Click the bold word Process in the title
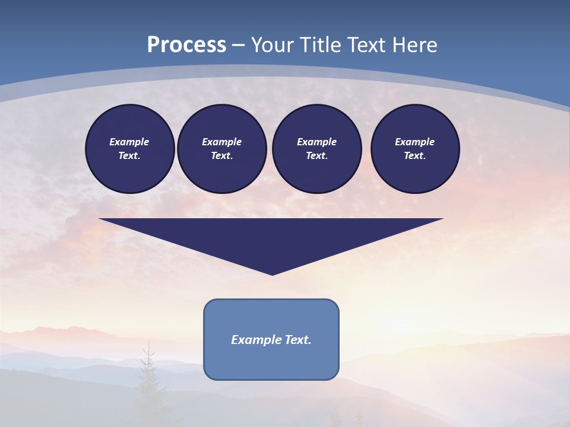click(x=186, y=44)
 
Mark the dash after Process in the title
click(x=239, y=46)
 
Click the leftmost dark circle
click(x=129, y=148)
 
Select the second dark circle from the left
click(x=221, y=148)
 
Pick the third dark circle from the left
click(x=316, y=148)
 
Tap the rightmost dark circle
click(x=414, y=148)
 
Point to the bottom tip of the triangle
click(x=272, y=273)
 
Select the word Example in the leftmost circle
click(x=129, y=142)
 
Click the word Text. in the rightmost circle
click(x=414, y=155)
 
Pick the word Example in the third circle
click(x=316, y=142)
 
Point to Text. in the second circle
click(x=221, y=155)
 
